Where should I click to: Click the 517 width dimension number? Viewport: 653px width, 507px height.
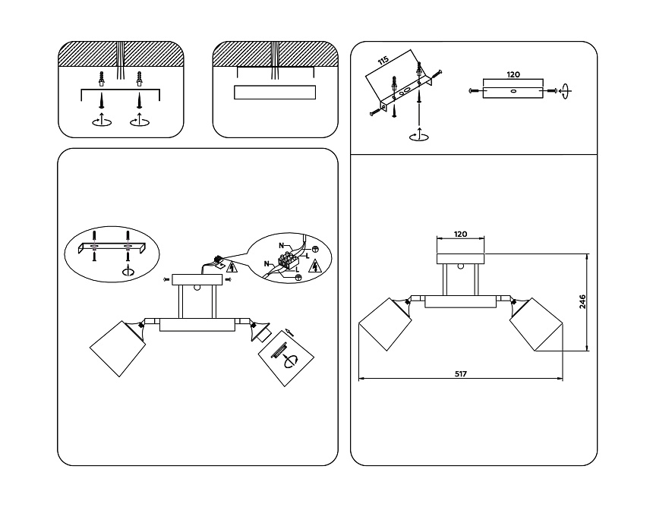(x=460, y=373)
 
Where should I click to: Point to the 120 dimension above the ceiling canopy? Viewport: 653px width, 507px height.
(x=460, y=235)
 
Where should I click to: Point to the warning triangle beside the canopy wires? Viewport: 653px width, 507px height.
(x=232, y=266)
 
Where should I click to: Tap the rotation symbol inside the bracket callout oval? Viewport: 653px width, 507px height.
(x=128, y=272)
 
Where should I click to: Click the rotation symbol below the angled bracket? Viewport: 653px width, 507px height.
(x=417, y=136)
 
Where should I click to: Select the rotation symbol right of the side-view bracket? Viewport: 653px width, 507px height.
(x=566, y=91)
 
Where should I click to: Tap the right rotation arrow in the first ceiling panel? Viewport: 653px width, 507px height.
(x=139, y=121)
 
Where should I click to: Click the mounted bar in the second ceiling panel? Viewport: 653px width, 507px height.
(x=275, y=93)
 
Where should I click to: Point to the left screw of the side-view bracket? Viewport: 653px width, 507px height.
(x=474, y=91)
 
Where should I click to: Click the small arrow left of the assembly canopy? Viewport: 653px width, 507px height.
(x=166, y=280)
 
